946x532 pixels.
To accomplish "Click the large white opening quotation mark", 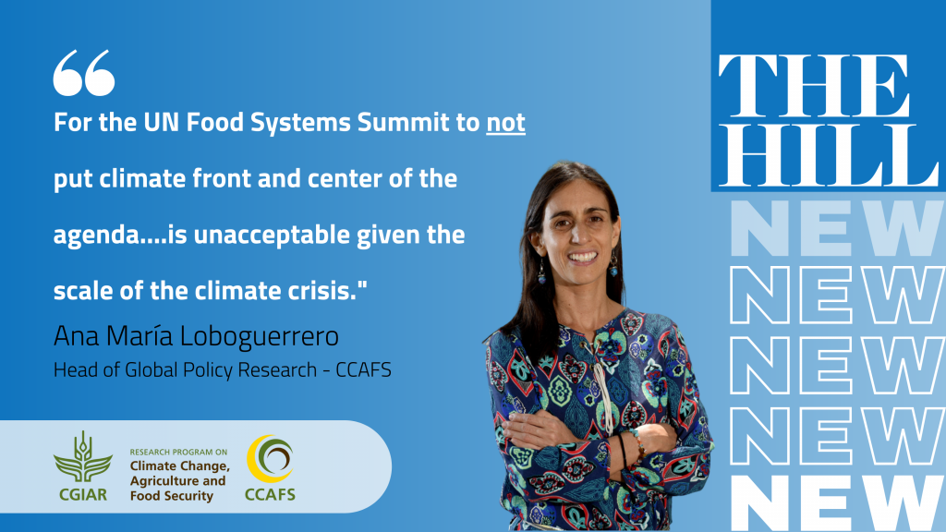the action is [x=84, y=72].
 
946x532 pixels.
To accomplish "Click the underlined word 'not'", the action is [x=505, y=123].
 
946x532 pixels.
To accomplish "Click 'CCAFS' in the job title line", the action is [x=363, y=369].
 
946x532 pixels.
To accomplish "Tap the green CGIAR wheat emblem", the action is [x=82, y=457].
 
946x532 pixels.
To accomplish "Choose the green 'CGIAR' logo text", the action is [x=82, y=495].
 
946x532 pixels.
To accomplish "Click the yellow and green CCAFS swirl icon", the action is [x=270, y=459].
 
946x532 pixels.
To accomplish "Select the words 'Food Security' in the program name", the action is [x=172, y=496].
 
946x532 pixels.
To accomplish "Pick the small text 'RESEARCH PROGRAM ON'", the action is [x=178, y=452].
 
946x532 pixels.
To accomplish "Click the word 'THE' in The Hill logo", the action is [x=814, y=86].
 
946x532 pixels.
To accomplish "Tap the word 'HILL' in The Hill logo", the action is [x=829, y=156].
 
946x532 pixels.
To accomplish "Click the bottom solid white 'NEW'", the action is [x=836, y=502].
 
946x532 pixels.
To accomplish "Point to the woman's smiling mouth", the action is [x=583, y=257].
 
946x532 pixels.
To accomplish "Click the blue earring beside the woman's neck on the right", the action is [x=613, y=265].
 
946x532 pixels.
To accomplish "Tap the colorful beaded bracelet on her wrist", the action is [x=637, y=444].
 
